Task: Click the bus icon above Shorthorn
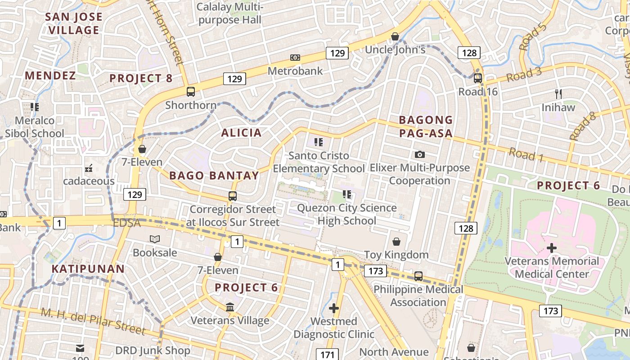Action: [191, 92]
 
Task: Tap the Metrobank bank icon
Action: [295, 58]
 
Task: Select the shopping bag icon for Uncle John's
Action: [395, 36]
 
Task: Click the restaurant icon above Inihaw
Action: [558, 94]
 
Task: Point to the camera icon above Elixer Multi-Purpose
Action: [419, 154]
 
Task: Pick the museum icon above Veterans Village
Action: [230, 307]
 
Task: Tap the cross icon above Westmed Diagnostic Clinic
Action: [333, 308]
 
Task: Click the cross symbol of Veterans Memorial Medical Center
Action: [552, 248]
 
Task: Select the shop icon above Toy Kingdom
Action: [396, 242]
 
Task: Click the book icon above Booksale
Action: [155, 239]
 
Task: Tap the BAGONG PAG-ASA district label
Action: [426, 126]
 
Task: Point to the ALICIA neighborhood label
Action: [241, 132]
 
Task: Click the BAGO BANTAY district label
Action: [214, 175]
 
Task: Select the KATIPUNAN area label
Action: [88, 269]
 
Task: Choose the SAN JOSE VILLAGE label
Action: [74, 23]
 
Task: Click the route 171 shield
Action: [327, 354]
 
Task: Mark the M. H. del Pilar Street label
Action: [93, 321]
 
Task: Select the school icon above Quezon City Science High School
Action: [346, 194]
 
